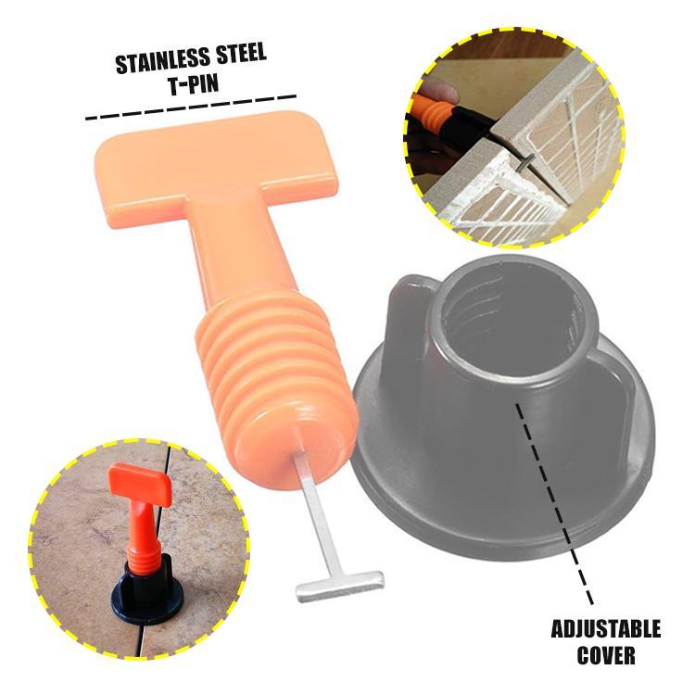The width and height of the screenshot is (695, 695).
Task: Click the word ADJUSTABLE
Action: (606, 631)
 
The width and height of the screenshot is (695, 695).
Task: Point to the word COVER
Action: (606, 657)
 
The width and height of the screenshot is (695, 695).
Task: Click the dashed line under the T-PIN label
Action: (190, 107)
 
